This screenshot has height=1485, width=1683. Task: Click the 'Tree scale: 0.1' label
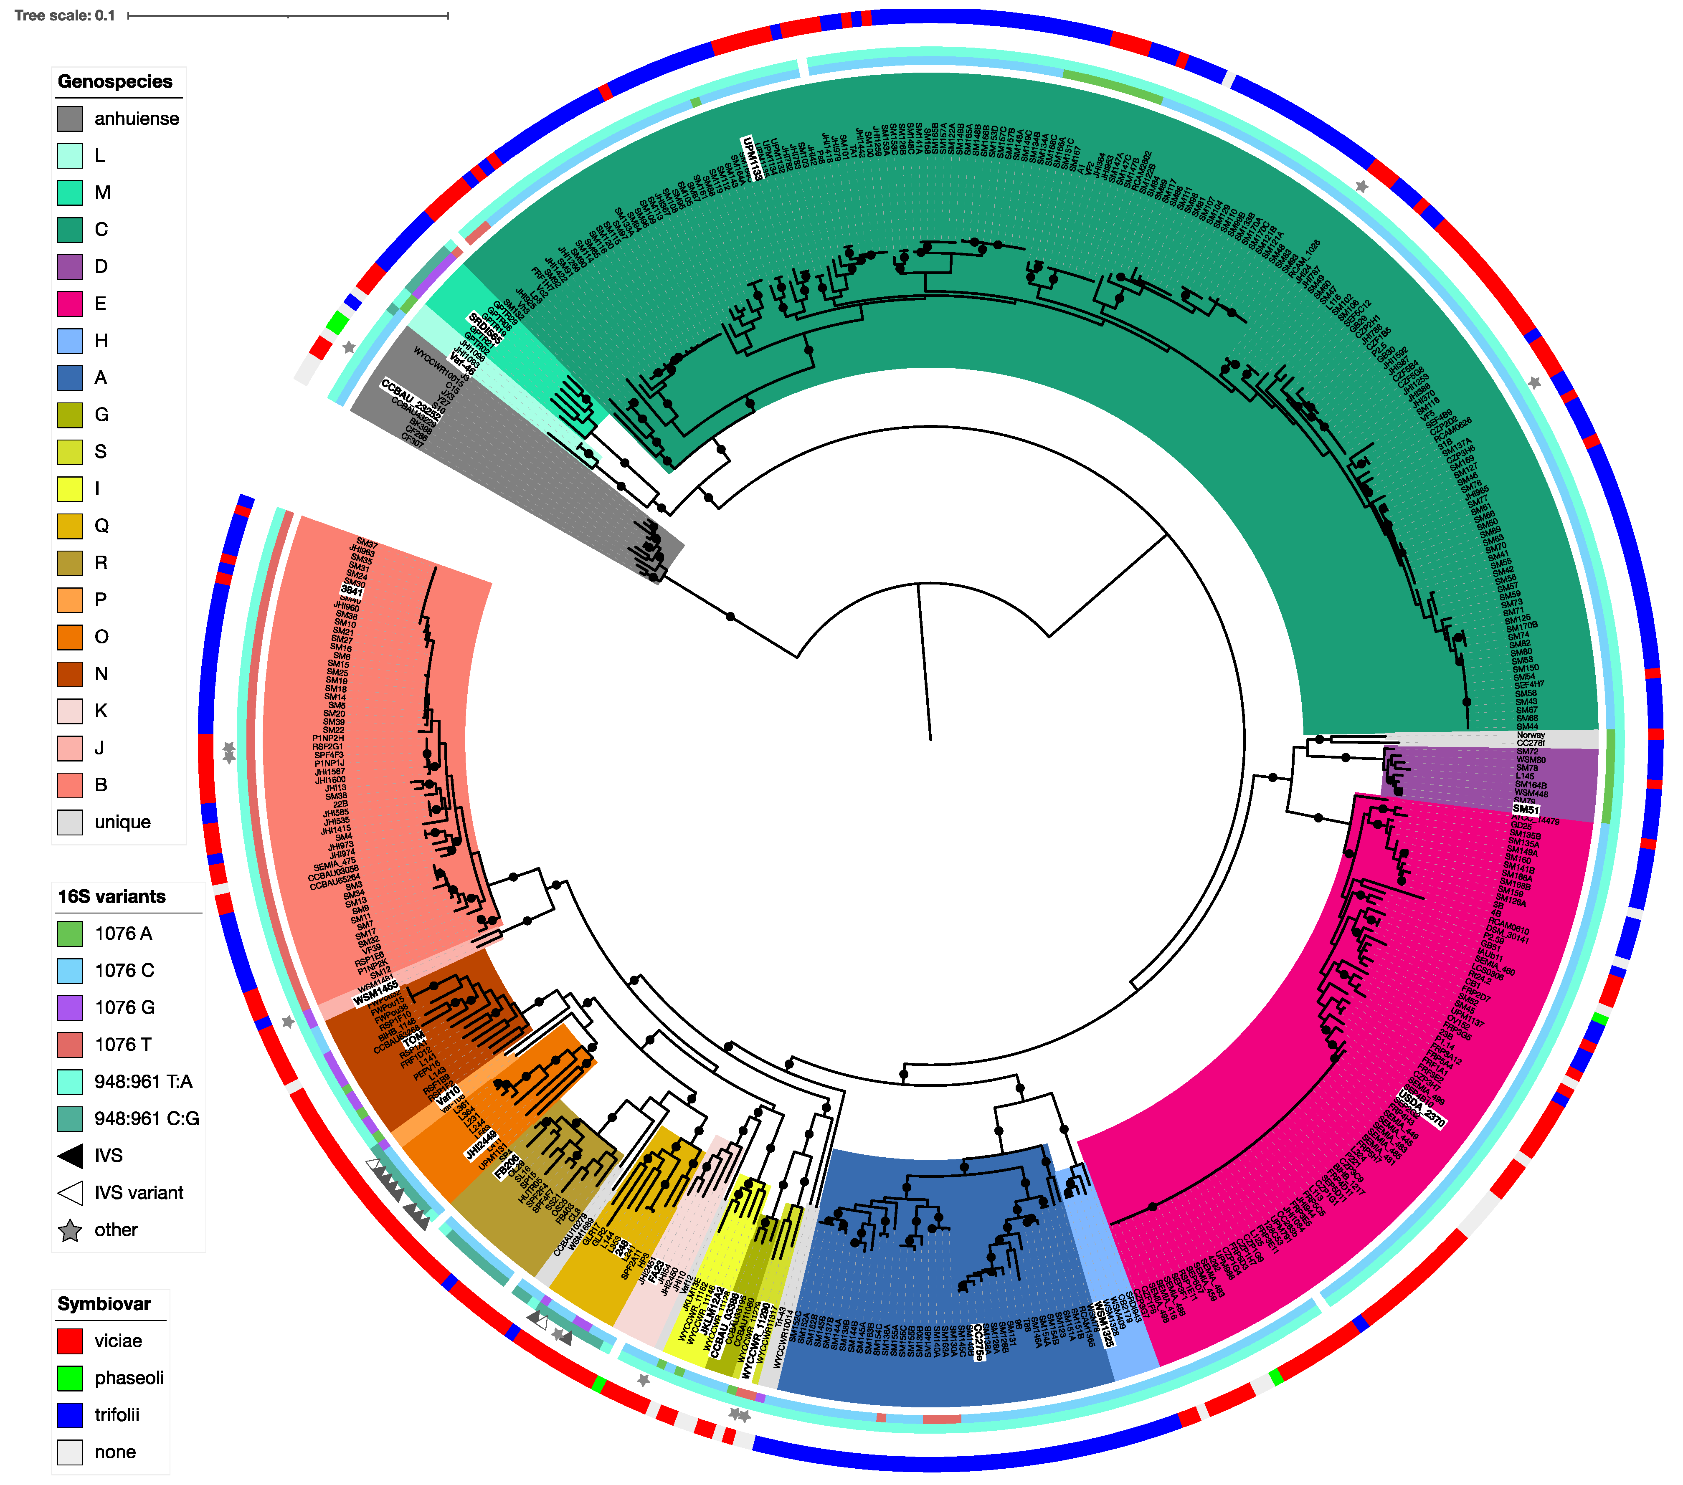tap(64, 15)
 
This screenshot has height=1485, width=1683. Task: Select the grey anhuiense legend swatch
tap(70, 119)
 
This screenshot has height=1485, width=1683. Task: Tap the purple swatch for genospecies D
tap(70, 267)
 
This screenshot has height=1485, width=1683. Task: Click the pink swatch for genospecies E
tap(70, 304)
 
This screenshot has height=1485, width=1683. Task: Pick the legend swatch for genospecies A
tap(70, 378)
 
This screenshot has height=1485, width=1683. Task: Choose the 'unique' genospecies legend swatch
tap(70, 822)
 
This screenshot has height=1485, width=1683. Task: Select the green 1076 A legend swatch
tap(70, 934)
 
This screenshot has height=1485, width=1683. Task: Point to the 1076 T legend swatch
tap(70, 1045)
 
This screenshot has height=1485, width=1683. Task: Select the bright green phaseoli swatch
tap(70, 1378)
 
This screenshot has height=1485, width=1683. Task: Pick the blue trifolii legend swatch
tap(70, 1415)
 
